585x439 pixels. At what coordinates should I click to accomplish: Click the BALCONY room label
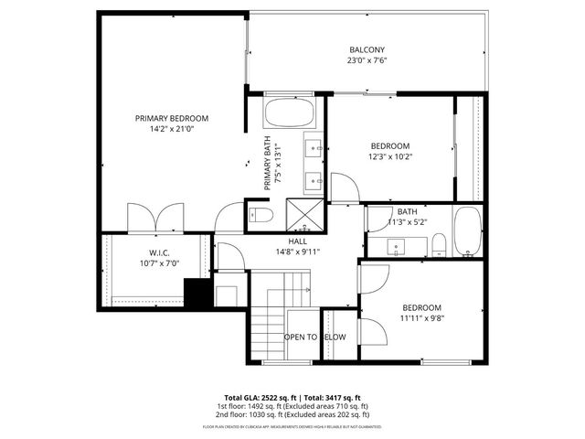click(x=367, y=49)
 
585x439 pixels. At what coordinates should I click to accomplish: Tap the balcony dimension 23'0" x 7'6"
click(x=367, y=61)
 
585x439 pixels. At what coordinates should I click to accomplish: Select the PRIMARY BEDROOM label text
click(x=172, y=118)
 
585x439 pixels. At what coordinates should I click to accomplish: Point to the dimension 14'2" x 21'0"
click(x=172, y=129)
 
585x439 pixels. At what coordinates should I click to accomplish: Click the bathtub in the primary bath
click(x=289, y=114)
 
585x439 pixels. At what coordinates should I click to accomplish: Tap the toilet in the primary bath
click(x=260, y=216)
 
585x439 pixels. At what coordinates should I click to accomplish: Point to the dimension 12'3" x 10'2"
click(x=391, y=156)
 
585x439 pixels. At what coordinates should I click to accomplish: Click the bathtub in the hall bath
click(x=466, y=233)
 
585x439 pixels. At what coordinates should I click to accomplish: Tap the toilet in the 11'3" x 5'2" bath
click(x=439, y=244)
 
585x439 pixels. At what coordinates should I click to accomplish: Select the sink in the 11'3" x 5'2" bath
click(x=398, y=246)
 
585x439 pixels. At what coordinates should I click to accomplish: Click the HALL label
click(x=297, y=241)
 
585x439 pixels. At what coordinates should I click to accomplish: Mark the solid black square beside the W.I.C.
click(x=196, y=293)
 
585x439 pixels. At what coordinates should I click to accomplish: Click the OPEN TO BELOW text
click(x=314, y=337)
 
